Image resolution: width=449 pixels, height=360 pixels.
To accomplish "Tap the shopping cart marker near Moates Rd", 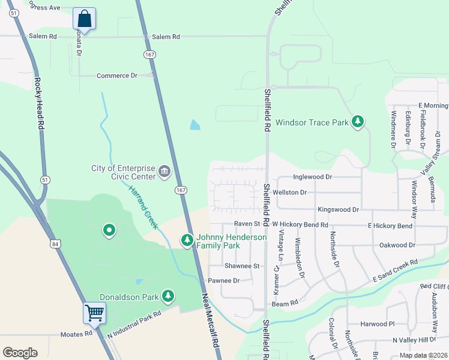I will tap(94, 313).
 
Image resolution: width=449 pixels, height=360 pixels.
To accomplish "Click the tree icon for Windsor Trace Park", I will tap(358, 122).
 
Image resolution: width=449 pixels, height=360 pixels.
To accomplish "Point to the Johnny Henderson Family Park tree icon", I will tap(187, 241).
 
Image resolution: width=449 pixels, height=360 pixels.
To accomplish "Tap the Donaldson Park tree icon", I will tap(169, 296).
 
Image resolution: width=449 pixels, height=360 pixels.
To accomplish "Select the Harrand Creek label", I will tap(143, 206).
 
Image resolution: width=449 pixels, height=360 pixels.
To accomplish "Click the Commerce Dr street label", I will tap(117, 76).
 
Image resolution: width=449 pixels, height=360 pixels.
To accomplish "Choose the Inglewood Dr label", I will tap(312, 177).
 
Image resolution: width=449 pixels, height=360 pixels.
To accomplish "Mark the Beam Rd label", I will tap(285, 304).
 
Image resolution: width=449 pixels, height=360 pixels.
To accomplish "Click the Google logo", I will tap(20, 353).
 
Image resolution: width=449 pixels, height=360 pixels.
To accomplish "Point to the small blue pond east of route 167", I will tap(195, 125).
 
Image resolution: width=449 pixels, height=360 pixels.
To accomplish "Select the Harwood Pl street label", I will tap(378, 324).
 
